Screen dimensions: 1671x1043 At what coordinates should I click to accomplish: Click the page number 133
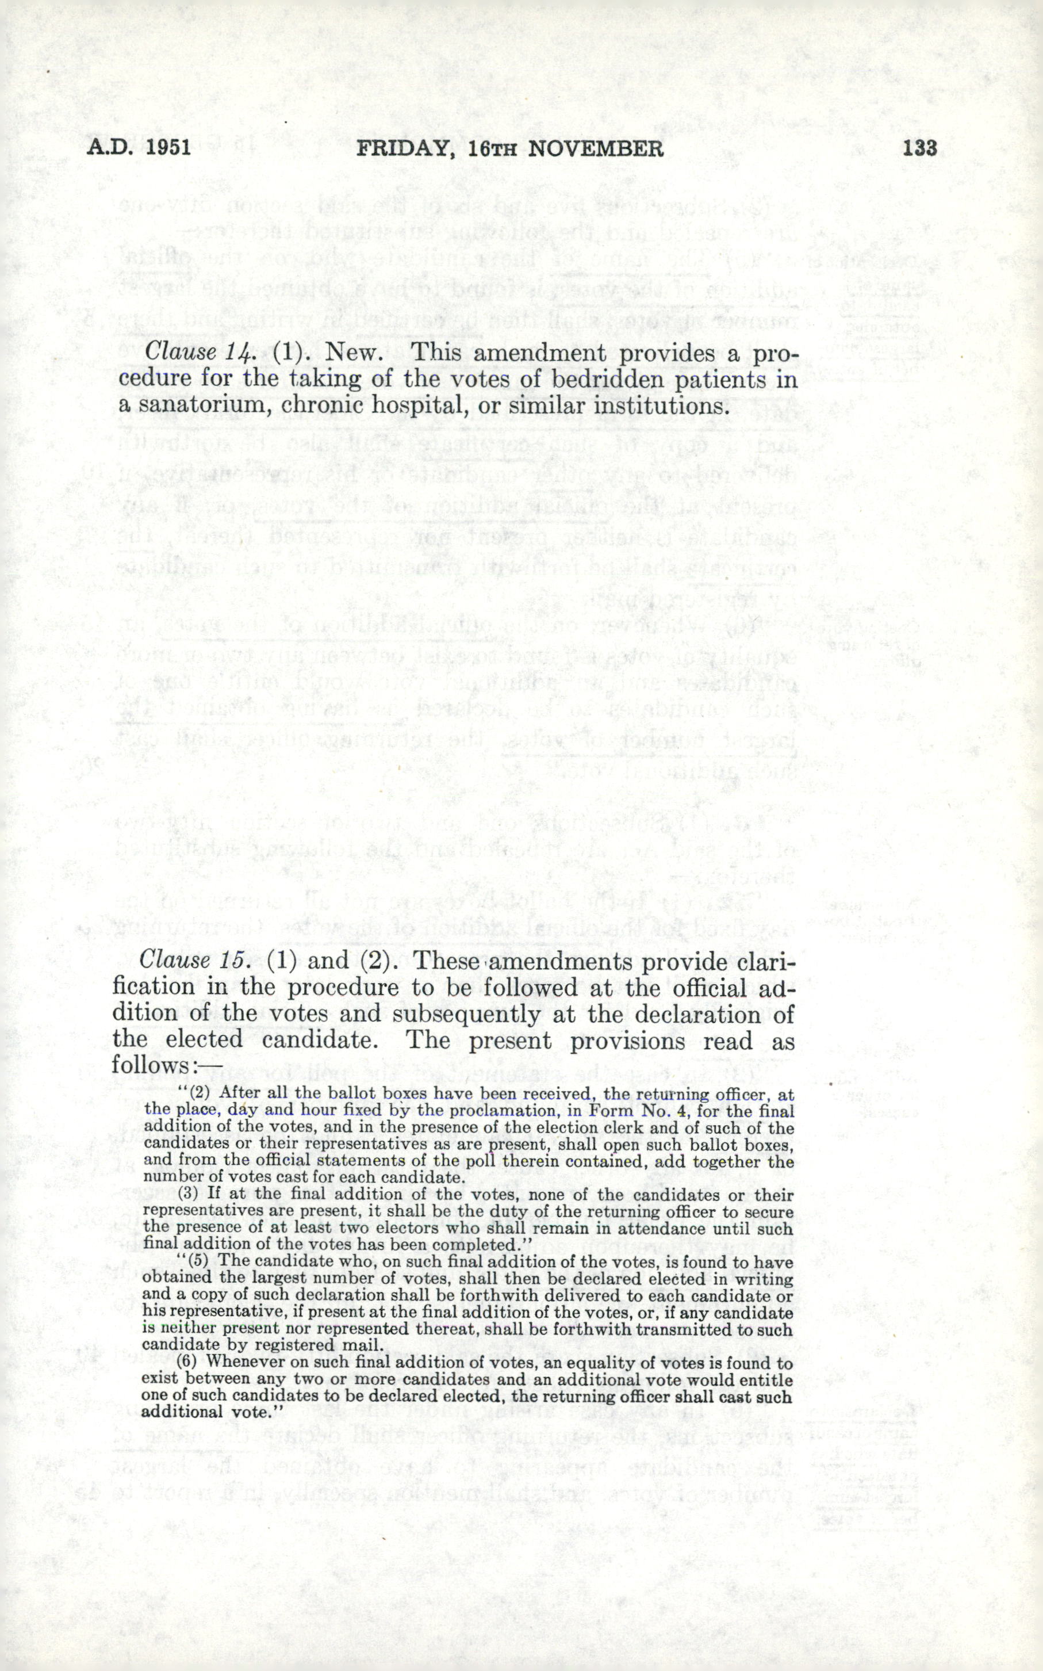[x=919, y=148]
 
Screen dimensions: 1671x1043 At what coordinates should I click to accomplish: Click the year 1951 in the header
[x=168, y=148]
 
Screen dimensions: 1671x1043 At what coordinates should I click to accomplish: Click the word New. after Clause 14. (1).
[x=354, y=353]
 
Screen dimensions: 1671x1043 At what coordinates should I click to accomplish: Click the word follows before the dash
[x=151, y=1066]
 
